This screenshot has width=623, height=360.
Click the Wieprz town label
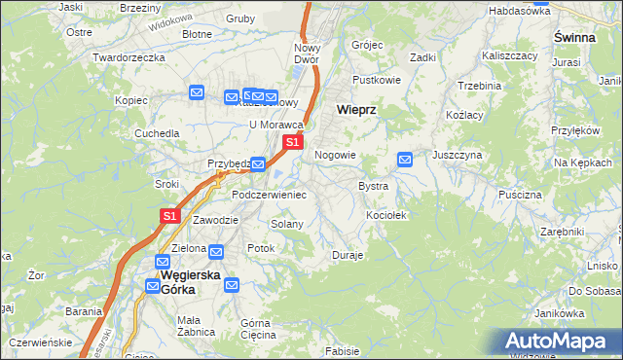[355, 110]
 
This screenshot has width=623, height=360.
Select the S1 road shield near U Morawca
[292, 143]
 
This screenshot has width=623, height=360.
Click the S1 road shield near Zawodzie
[169, 216]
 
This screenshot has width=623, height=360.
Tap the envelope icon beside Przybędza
[258, 164]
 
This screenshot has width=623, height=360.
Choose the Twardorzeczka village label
[128, 57]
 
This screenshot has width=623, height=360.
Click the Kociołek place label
[385, 214]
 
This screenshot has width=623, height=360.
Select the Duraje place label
[348, 255]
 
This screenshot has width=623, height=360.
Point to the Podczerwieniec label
[269, 195]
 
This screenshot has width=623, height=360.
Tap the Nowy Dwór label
[308, 54]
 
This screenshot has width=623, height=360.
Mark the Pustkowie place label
[377, 79]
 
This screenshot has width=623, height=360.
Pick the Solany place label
[287, 224]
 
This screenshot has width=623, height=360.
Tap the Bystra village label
[374, 185]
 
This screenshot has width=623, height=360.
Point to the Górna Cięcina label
[258, 328]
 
